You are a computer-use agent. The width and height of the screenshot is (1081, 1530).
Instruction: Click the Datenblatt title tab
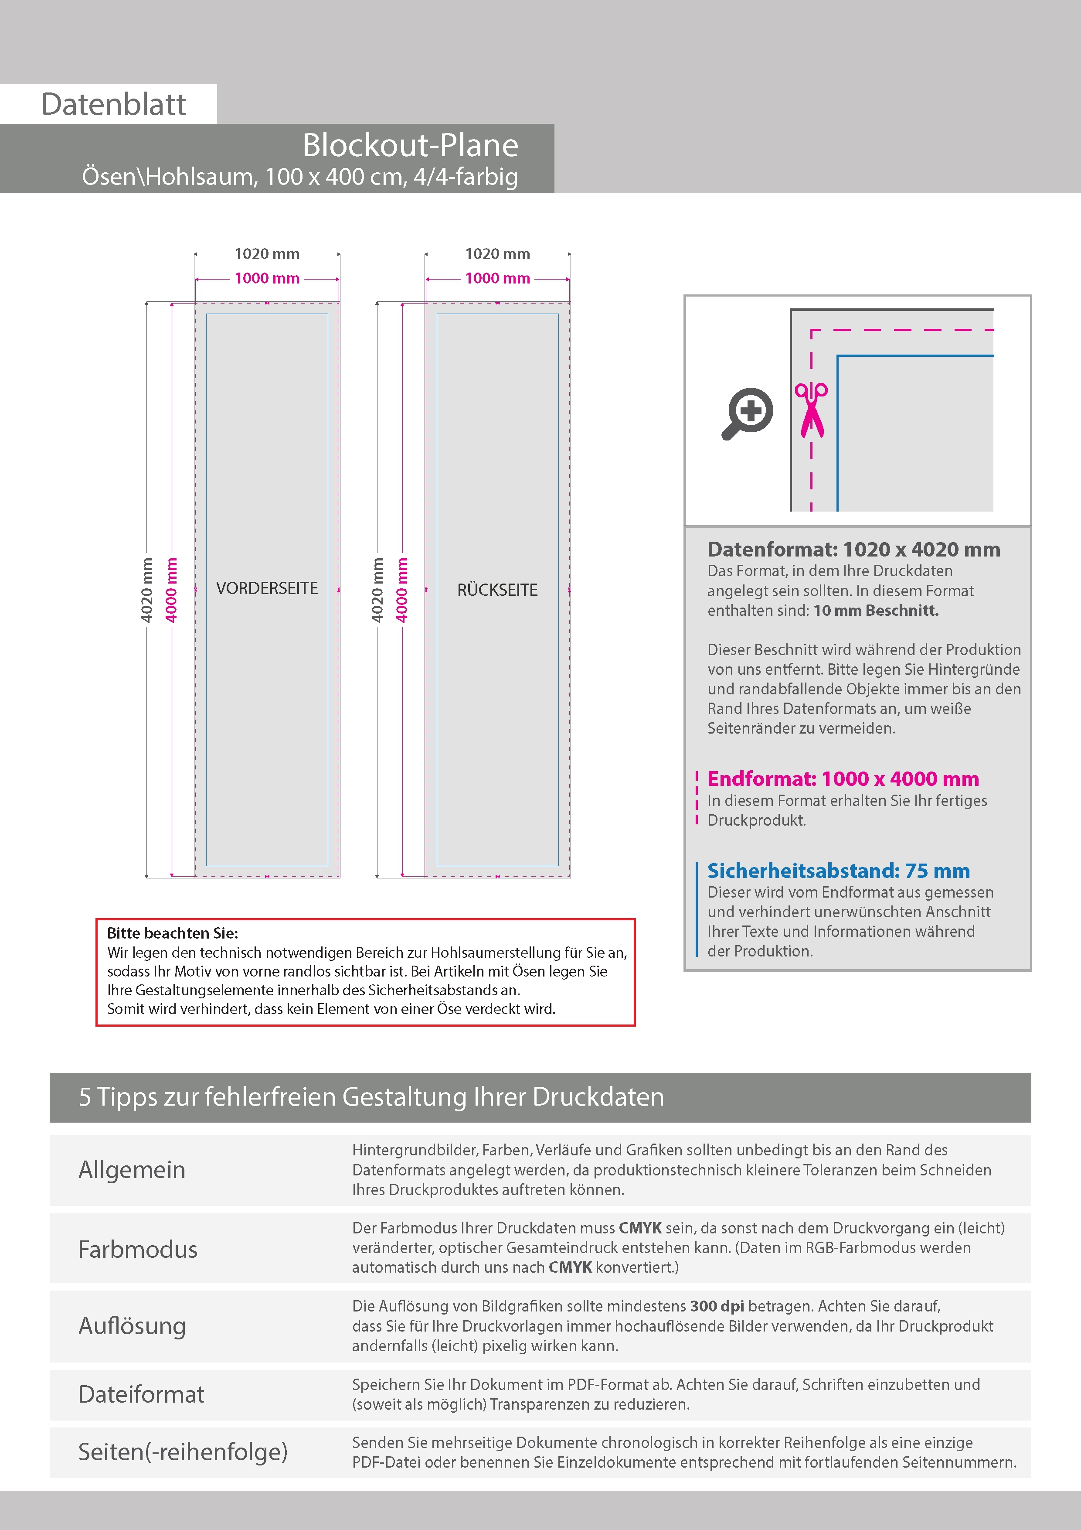click(113, 104)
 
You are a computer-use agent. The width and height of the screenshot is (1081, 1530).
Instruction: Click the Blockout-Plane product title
click(410, 145)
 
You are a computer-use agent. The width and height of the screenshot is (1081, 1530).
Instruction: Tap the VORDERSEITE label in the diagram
click(267, 588)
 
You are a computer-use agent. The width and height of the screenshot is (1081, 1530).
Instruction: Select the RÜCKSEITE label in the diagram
click(497, 590)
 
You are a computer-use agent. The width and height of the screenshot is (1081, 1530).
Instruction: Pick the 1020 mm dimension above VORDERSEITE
click(267, 254)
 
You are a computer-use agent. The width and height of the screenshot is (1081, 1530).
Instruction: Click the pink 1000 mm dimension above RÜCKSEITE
click(497, 279)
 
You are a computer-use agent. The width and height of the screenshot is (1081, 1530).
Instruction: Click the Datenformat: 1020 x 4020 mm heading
click(853, 550)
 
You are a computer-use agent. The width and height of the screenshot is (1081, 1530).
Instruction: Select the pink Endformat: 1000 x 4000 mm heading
click(843, 779)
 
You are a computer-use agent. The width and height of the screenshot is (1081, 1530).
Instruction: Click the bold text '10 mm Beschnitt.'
click(876, 611)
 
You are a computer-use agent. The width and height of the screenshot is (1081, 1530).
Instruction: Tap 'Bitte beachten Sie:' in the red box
click(173, 933)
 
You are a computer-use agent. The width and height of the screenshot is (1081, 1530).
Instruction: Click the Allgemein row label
click(132, 1169)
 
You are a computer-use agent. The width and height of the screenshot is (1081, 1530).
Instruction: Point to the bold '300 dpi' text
click(717, 1306)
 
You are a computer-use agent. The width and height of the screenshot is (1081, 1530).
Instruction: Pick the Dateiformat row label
click(141, 1394)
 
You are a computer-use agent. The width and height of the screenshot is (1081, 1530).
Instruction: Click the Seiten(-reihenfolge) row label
click(183, 1452)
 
